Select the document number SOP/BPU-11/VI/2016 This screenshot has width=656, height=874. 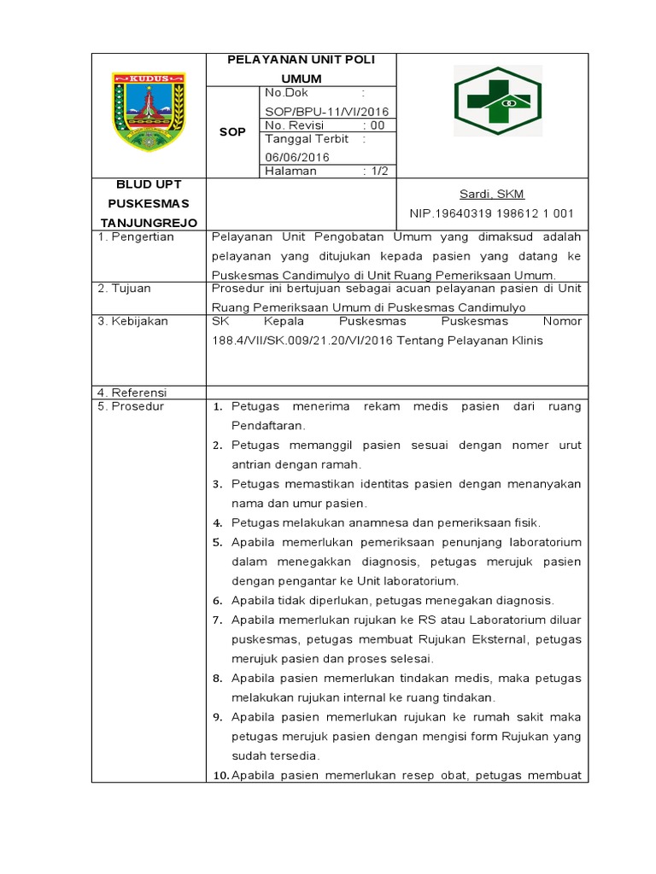327,112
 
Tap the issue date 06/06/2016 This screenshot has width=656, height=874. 297,157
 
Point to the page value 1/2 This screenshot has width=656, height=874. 376,171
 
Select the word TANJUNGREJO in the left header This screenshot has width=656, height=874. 149,223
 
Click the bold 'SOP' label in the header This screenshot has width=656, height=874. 232,132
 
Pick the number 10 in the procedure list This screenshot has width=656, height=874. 219,776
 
